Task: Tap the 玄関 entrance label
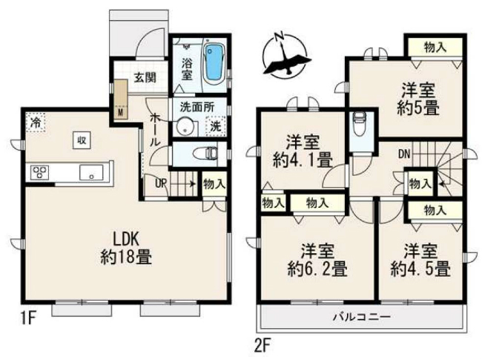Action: coord(145,76)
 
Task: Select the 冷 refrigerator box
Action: coord(35,122)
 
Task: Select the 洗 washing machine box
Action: coord(215,127)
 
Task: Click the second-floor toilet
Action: coord(360,122)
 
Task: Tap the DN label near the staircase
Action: coord(404,155)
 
